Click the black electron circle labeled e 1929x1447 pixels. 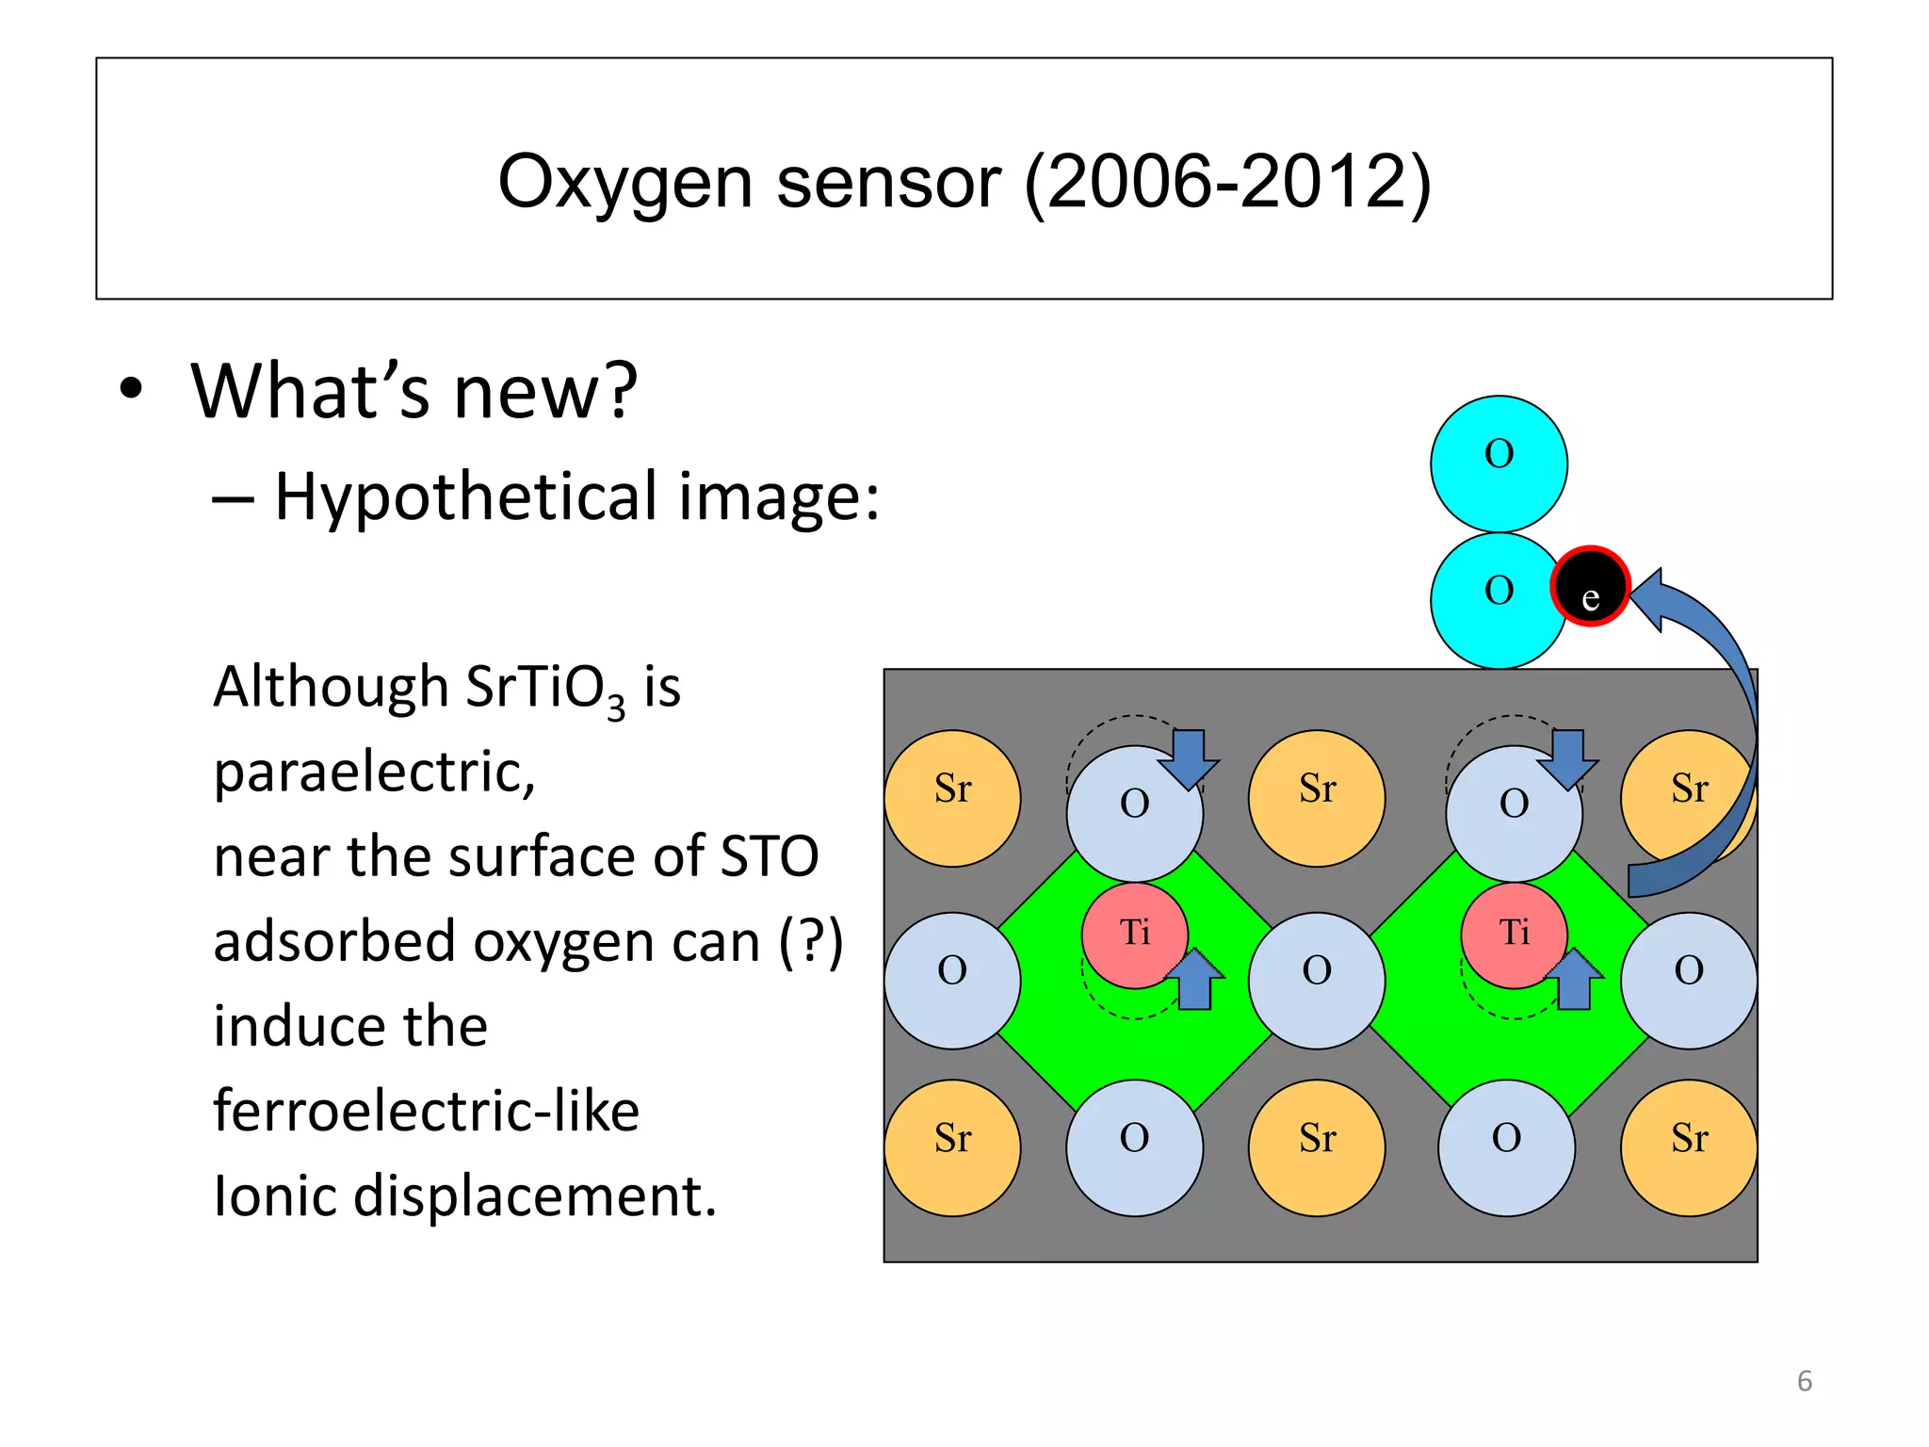click(x=1590, y=586)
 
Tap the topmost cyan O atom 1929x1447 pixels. click(x=1499, y=463)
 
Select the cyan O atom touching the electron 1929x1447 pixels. click(x=1496, y=600)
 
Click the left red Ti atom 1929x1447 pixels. click(x=1135, y=935)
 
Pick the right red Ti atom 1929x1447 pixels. click(x=1514, y=935)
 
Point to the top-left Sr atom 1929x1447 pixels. click(x=952, y=798)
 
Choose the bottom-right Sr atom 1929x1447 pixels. click(x=1689, y=1147)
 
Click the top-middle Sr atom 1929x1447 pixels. click(x=1316, y=798)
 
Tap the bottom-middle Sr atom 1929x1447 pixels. click(x=1316, y=1147)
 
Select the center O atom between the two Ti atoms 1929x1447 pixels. click(x=1316, y=980)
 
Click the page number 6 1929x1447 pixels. click(x=1804, y=1381)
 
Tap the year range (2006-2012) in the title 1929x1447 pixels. click(x=1227, y=182)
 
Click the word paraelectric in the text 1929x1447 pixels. click(x=374, y=772)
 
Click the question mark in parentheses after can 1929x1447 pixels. click(x=811, y=941)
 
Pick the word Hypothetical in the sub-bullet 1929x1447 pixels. click(x=465, y=496)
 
